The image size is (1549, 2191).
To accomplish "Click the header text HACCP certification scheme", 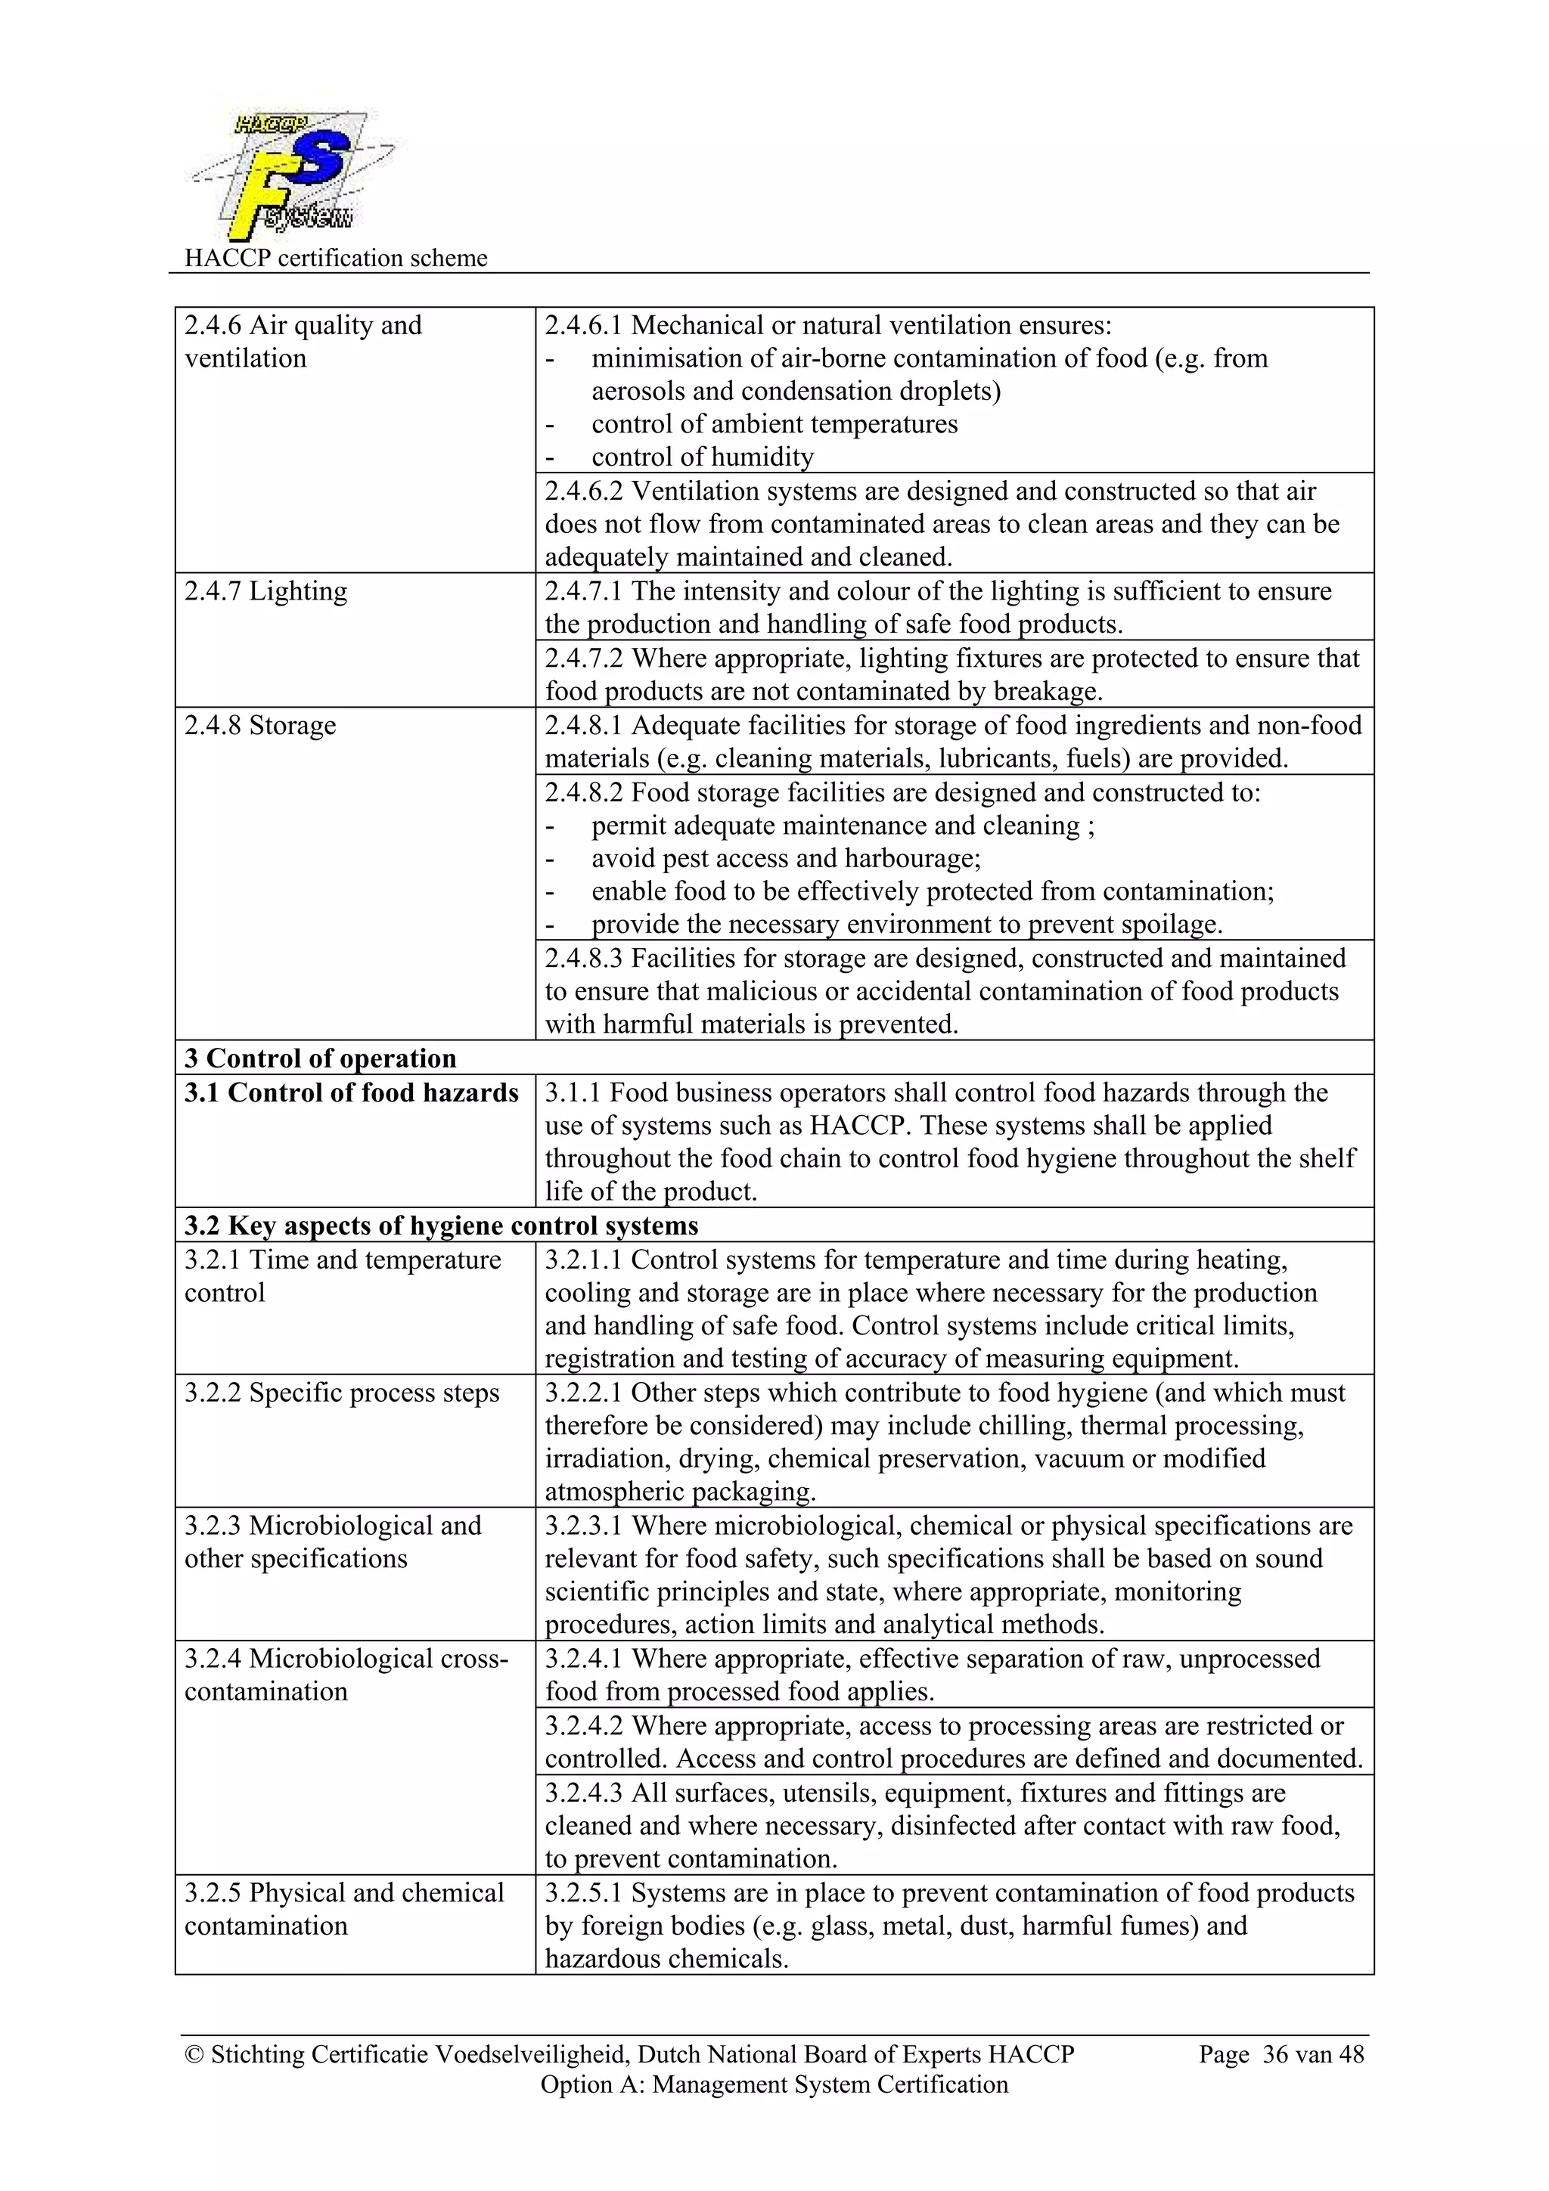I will point(335,259).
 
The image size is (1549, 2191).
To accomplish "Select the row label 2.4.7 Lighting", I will point(265,592).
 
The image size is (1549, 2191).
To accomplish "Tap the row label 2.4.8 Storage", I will point(259,725).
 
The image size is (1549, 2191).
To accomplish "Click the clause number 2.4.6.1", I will point(583,325).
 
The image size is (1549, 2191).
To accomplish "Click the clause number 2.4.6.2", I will point(583,491).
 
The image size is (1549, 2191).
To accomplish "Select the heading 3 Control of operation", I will point(320,1058).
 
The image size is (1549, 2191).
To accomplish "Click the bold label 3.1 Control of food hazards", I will point(350,1092).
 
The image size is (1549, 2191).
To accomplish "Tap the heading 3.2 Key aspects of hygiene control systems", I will point(441,1226).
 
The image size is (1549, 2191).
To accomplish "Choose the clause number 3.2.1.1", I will point(583,1260).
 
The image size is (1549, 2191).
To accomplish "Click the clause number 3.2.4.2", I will point(583,1725).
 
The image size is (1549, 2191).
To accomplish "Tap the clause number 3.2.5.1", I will point(583,1892).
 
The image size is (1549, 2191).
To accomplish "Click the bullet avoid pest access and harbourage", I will point(786,859).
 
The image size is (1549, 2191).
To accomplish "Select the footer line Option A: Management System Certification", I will point(774,2084).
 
